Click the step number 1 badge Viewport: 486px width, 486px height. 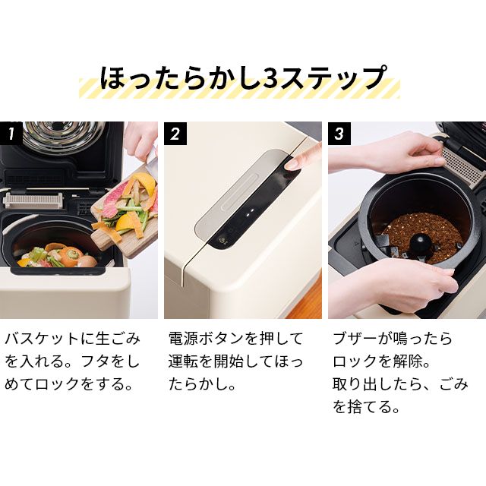(11, 134)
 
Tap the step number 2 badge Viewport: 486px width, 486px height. (175, 134)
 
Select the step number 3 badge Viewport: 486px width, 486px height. (339, 134)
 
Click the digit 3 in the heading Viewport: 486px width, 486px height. (271, 77)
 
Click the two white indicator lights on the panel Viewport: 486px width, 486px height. (250, 212)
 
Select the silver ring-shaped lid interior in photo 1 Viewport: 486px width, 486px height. (64, 137)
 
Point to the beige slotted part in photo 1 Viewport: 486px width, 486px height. (33, 201)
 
